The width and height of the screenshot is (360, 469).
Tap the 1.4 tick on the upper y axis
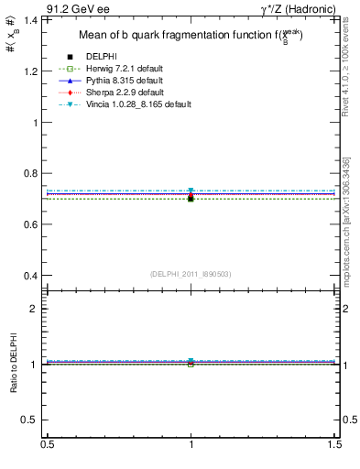coord(34,19)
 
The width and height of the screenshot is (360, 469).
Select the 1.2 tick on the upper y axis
coord(34,71)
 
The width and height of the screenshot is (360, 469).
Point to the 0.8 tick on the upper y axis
coord(34,173)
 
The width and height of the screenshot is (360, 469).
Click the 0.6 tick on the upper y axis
coord(34,224)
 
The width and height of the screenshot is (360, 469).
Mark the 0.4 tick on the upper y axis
coord(34,276)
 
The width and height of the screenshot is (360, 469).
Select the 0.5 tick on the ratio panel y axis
coord(34,420)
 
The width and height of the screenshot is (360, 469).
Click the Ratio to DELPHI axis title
coord(13,364)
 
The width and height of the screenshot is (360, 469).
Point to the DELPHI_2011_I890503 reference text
coord(191,273)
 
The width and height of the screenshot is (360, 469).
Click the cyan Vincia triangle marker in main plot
coord(191,191)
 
